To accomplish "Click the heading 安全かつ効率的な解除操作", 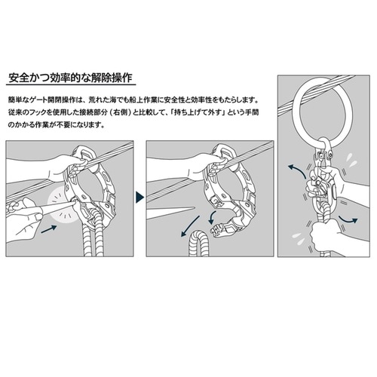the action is [70, 78].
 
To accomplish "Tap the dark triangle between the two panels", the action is [139, 198].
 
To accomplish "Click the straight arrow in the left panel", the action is [49, 229].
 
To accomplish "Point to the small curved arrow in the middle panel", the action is [212, 218].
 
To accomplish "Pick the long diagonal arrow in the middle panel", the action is [190, 226].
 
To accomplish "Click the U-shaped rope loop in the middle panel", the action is [199, 243].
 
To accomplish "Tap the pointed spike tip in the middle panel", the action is [195, 208].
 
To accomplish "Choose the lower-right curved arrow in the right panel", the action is [348, 219].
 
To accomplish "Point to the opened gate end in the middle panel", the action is [220, 229].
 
